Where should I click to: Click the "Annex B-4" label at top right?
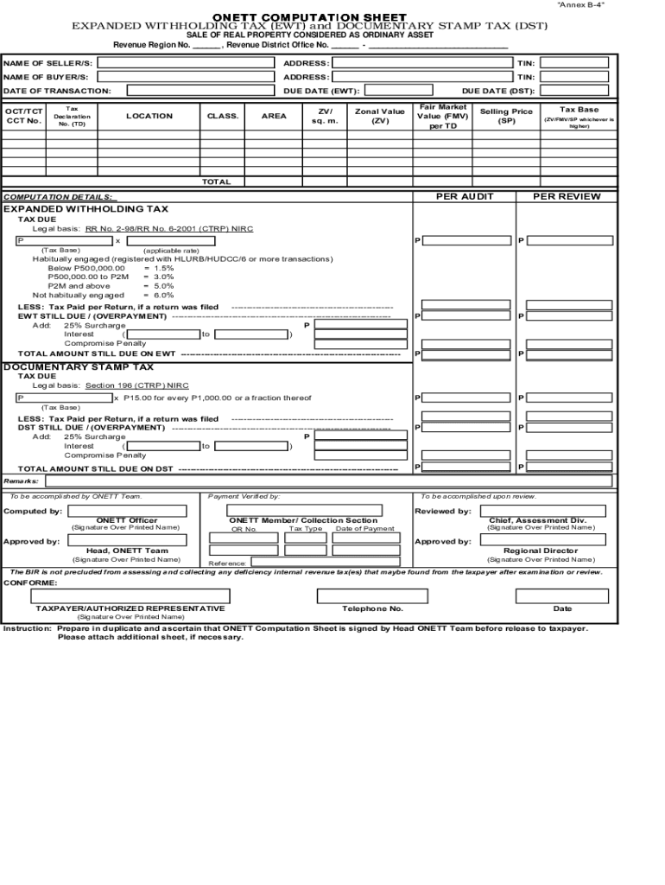click(x=581, y=5)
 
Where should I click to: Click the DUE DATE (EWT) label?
click(x=321, y=91)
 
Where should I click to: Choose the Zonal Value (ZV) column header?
click(x=380, y=116)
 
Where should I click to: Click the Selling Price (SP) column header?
click(x=506, y=116)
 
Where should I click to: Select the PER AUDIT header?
click(x=465, y=196)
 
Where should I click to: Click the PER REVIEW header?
click(x=567, y=196)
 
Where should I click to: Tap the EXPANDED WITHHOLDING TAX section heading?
click(x=86, y=209)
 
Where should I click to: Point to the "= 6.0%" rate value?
click(x=158, y=295)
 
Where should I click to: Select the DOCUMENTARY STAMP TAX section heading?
click(x=79, y=366)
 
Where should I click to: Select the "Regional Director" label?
click(x=541, y=551)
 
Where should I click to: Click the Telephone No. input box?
click(x=372, y=595)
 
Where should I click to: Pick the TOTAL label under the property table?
click(x=216, y=182)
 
